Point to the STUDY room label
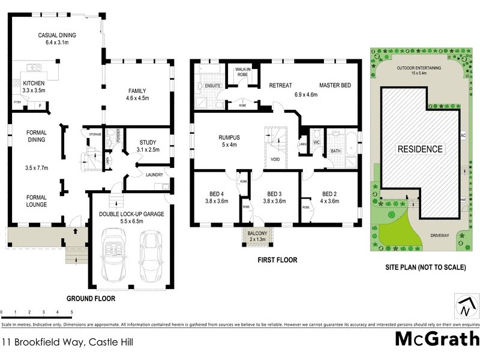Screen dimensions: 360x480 [148, 142]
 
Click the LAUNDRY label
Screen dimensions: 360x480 [155, 175]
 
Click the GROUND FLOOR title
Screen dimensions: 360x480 [91, 298]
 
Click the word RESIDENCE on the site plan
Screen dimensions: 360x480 [419, 149]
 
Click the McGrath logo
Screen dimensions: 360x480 [436, 339]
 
